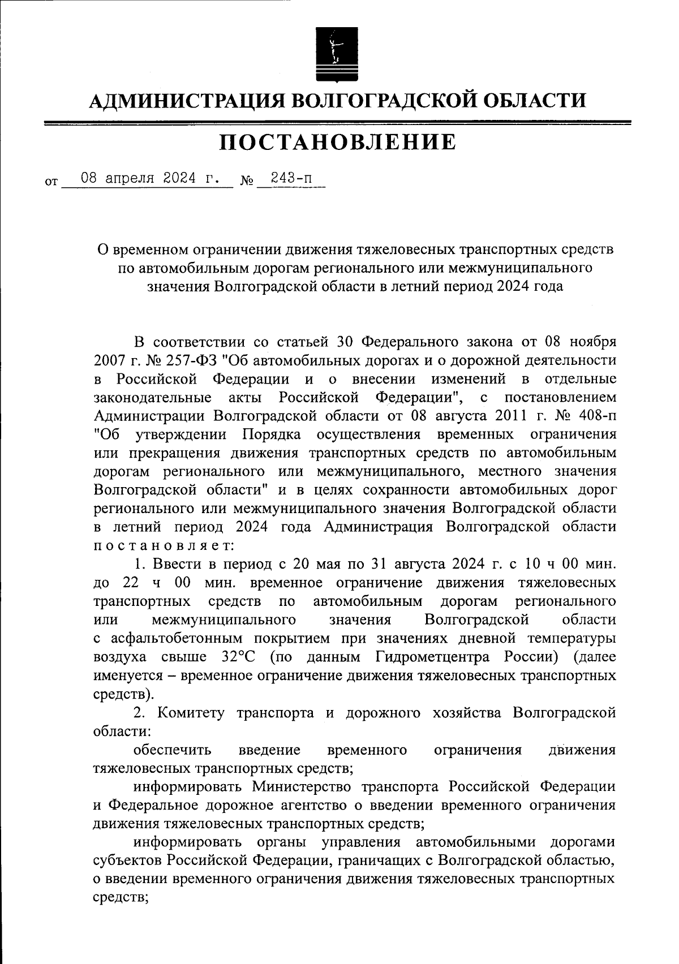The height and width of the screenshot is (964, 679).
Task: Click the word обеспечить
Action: pos(173,750)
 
